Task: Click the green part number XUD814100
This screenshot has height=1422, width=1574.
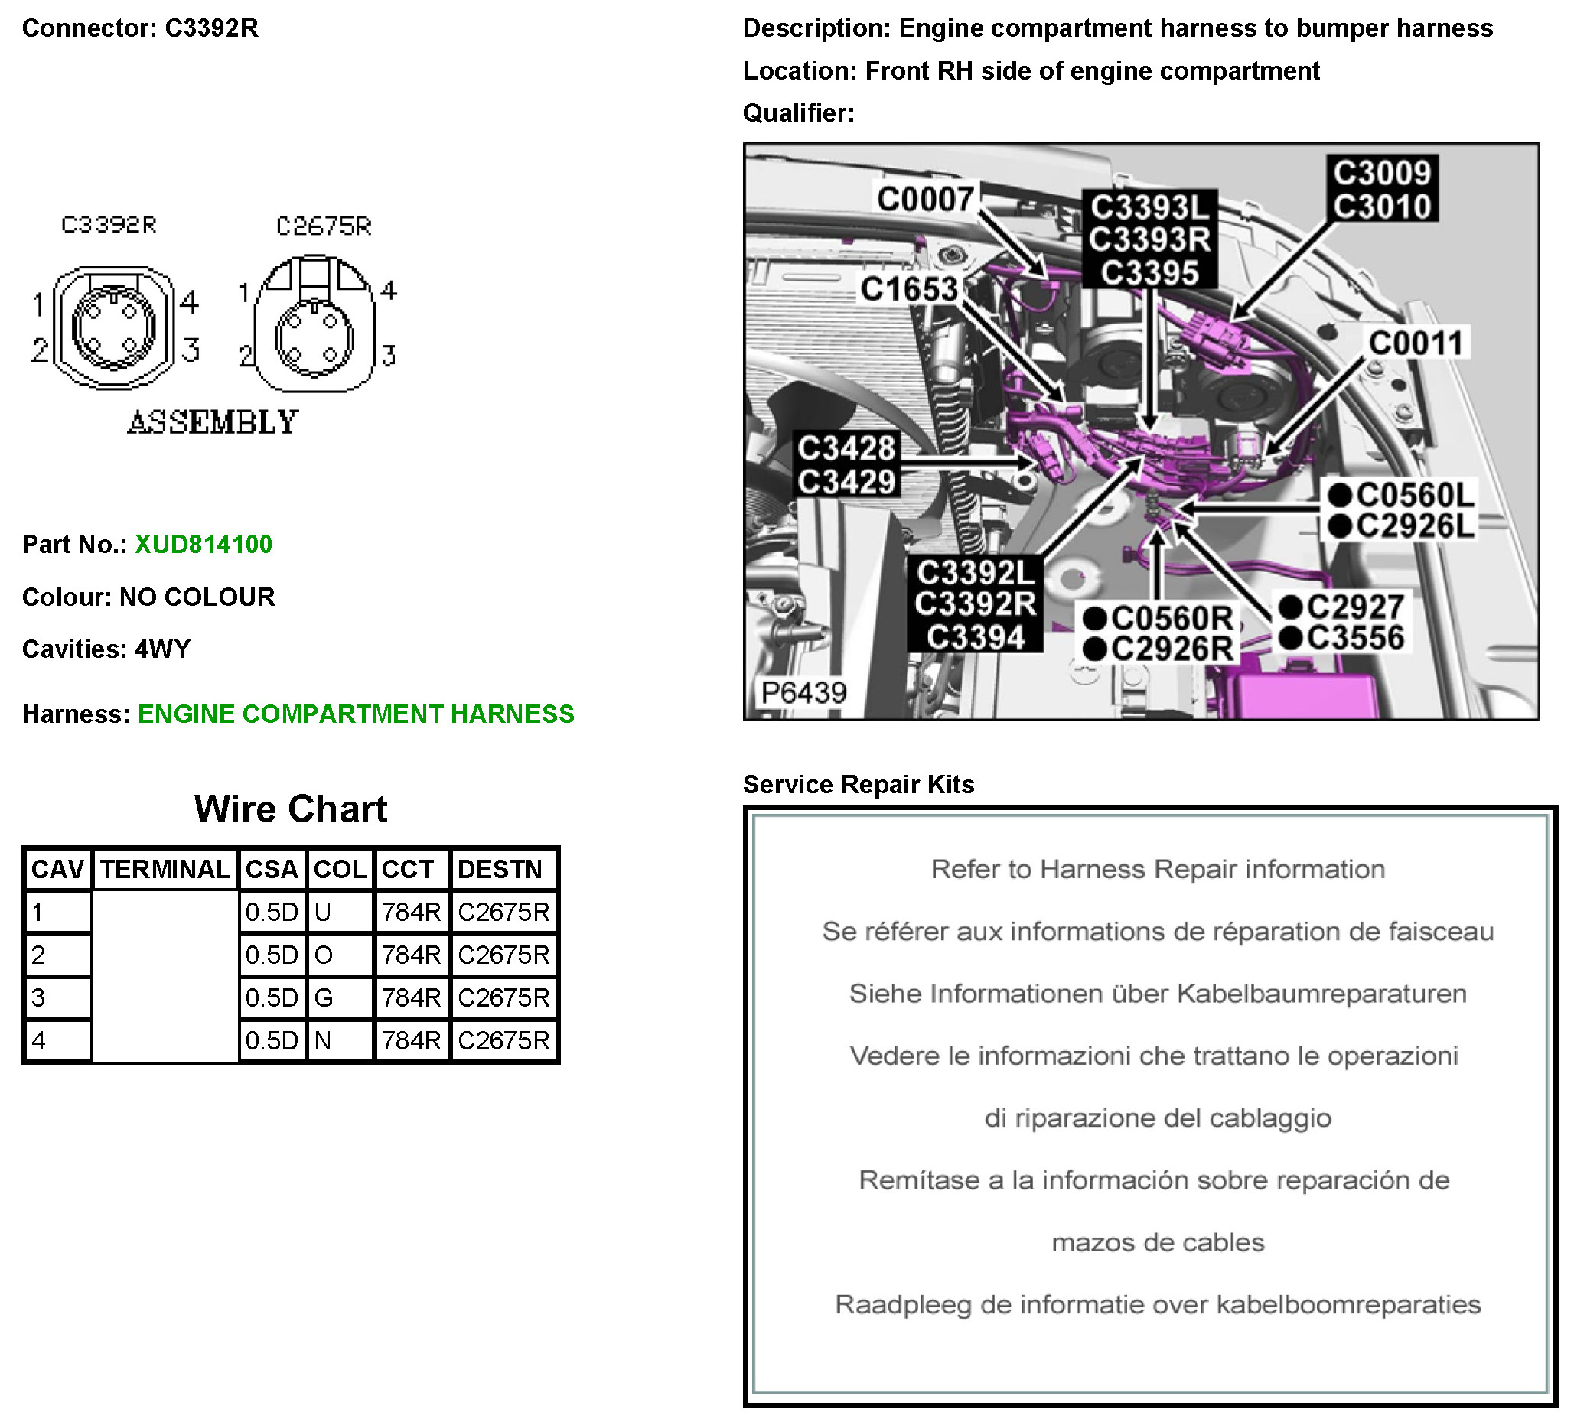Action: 203,544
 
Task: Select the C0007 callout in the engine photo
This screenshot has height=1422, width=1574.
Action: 925,199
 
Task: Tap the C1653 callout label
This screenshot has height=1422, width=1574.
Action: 909,290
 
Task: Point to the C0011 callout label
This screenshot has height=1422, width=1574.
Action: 1415,343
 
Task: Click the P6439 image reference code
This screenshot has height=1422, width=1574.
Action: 803,692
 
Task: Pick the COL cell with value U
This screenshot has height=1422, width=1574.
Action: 341,912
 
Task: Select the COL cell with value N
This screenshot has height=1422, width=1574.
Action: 341,1040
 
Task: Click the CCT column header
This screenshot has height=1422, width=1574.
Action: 411,869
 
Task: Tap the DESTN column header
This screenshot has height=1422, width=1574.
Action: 501,869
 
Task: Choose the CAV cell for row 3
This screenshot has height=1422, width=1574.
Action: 56,997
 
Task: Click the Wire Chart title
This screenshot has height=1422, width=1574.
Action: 291,809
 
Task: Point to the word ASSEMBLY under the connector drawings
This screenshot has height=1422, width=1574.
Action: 213,422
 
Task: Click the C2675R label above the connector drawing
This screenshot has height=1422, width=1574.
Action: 324,226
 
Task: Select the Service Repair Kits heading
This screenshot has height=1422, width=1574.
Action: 858,784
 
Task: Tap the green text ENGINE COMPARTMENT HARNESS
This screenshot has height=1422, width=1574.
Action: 355,714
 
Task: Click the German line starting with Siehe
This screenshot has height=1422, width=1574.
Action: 1157,994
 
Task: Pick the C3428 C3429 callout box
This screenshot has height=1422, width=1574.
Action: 846,465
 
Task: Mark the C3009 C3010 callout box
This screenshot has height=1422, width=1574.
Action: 1381,189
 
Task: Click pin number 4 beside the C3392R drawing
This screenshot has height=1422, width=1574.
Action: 189,301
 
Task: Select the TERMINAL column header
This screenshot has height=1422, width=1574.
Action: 165,869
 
